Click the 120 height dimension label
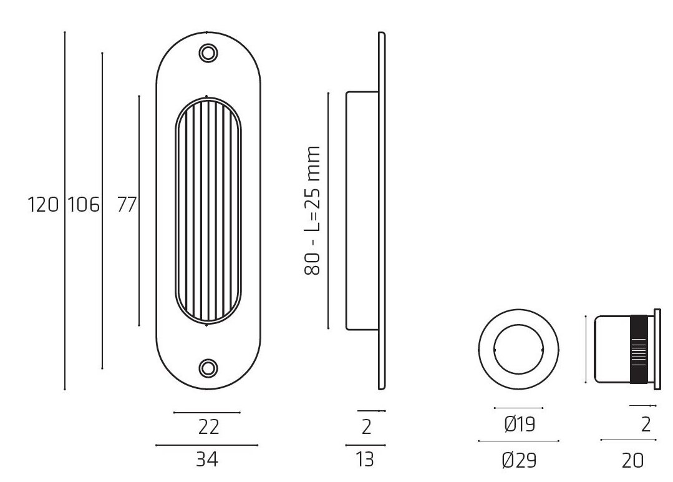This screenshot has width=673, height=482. click(x=43, y=205)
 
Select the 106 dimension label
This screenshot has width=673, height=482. click(x=83, y=205)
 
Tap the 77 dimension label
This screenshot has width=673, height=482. click(x=127, y=205)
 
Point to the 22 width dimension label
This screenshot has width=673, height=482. click(x=209, y=427)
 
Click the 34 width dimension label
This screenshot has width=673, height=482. click(x=207, y=460)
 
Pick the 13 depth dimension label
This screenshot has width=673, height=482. click(x=365, y=460)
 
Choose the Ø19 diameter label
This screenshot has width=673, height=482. click(x=520, y=425)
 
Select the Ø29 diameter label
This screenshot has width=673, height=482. click(x=520, y=461)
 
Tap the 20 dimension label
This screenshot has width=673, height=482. click(x=632, y=461)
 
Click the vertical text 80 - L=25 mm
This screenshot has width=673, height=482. click(x=312, y=210)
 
